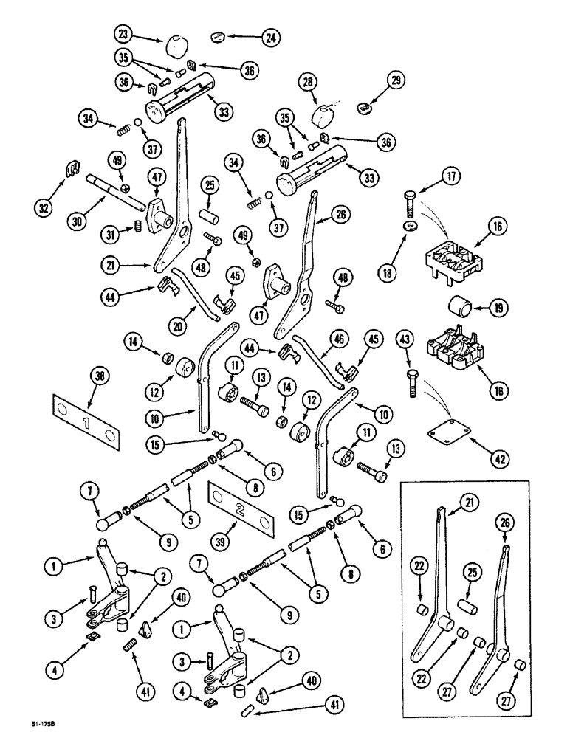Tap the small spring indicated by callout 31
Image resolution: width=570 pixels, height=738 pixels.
click(136, 227)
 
